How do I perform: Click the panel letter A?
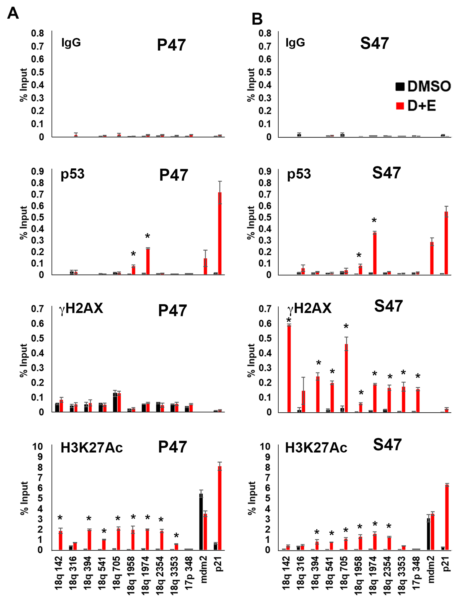13,13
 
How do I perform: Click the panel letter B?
257,19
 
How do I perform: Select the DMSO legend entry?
423,86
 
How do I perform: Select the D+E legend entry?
416,105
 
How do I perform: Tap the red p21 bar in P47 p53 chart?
220,233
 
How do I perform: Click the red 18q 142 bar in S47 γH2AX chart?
289,369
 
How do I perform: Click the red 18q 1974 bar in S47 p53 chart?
375,253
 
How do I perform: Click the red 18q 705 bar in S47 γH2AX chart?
346,378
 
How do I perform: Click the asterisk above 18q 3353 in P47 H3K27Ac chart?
176,536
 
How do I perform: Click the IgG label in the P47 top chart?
71,43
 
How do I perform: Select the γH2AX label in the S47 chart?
309,308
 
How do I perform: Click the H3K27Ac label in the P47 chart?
92,448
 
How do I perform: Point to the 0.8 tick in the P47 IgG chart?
37,33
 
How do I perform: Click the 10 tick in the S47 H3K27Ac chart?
265,447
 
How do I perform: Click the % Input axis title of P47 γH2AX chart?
24,360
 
